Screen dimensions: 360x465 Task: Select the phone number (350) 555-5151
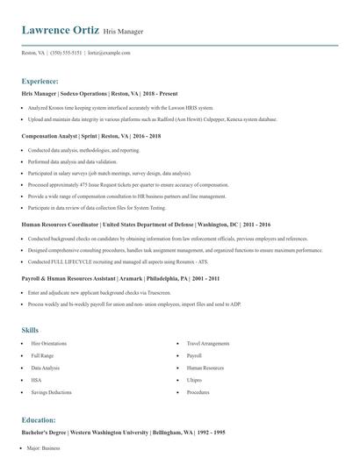coord(67,53)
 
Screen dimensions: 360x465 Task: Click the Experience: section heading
coord(40,80)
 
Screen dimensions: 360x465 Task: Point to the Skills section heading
coord(30,330)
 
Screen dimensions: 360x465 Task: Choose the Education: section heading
coord(39,420)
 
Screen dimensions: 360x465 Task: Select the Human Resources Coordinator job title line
coord(145,225)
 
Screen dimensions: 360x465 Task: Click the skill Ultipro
coord(194,381)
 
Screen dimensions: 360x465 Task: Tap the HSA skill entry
coord(36,381)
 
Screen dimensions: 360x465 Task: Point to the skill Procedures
coord(198,392)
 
